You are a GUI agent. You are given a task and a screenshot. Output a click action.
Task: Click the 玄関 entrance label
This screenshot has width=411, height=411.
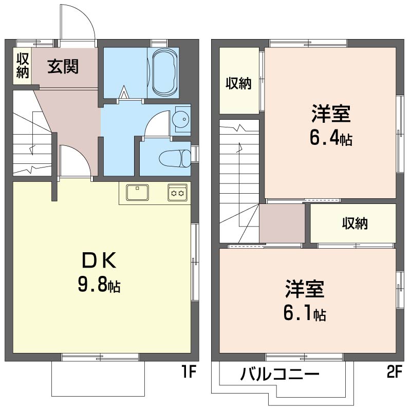[63, 66]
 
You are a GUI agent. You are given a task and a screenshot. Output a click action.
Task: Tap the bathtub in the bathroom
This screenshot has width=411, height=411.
[163, 72]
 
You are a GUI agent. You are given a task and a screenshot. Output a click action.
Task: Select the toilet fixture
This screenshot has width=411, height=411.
[172, 158]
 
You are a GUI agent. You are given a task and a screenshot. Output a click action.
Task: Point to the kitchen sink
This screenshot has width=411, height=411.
[137, 193]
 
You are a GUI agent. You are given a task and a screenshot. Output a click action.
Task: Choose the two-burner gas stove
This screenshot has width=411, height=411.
[178, 193]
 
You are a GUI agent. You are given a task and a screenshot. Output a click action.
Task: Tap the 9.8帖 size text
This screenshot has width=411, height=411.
[99, 285]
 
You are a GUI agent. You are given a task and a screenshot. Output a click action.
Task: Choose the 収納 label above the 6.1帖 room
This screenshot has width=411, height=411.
[355, 223]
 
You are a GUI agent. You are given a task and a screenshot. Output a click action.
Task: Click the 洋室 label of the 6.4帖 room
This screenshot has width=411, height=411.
[331, 114]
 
